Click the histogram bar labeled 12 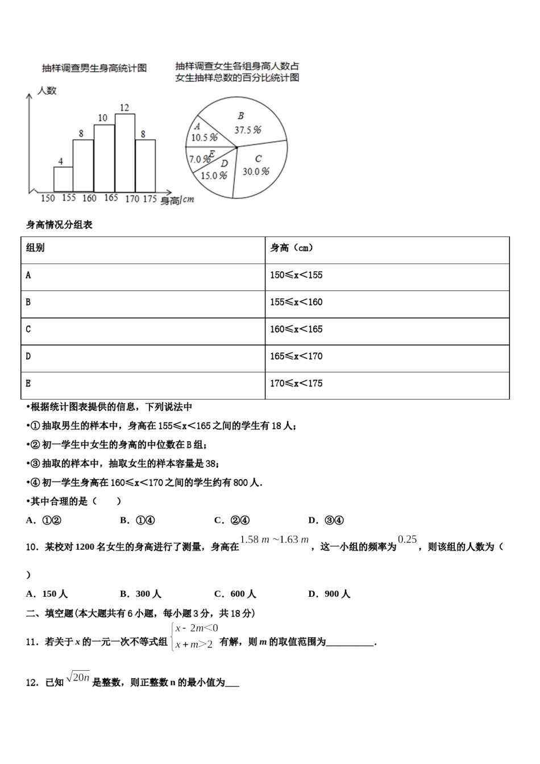click(125, 152)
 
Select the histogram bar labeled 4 click(63, 179)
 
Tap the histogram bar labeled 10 click(104, 158)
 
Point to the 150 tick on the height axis click(48, 198)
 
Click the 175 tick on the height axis click(149, 198)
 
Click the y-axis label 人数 click(47, 90)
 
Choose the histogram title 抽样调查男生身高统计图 click(94, 68)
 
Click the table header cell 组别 click(35, 248)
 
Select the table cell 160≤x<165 click(296, 329)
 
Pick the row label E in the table click(28, 384)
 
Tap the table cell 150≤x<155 click(296, 275)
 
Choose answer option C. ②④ click(232, 520)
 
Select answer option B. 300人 click(141, 594)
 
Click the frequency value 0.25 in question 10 click(408, 539)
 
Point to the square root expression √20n click(78, 677)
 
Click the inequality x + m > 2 click(194, 644)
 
